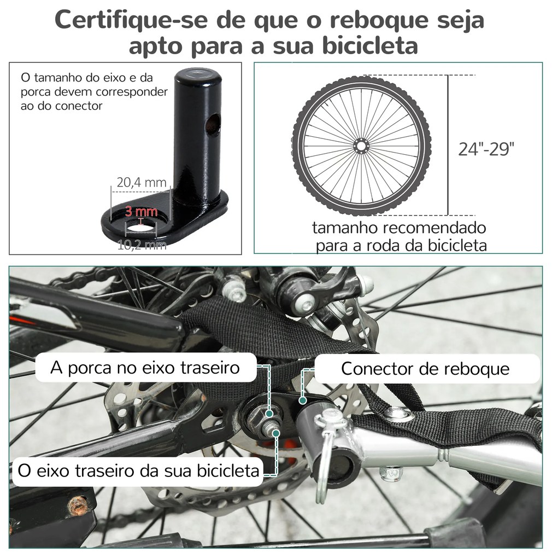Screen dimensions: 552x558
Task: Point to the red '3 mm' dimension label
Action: pyautogui.click(x=141, y=211)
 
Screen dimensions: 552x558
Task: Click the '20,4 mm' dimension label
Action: pyautogui.click(x=142, y=182)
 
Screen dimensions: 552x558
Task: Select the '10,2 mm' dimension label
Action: pyautogui.click(x=142, y=245)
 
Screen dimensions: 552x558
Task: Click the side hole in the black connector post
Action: pyautogui.click(x=214, y=126)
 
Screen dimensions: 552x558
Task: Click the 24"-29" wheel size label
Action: pyautogui.click(x=486, y=149)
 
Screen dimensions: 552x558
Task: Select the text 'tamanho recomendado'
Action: pyautogui.click(x=399, y=228)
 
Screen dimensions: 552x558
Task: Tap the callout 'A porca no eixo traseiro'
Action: pyautogui.click(x=145, y=368)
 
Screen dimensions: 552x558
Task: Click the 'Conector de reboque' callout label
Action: pyautogui.click(x=425, y=369)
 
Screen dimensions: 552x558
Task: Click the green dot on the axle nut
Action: pyautogui.click(x=269, y=414)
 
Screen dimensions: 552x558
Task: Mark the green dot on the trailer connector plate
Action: pyautogui.click(x=303, y=400)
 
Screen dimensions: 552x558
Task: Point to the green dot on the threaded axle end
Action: pyautogui.click(x=275, y=433)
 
